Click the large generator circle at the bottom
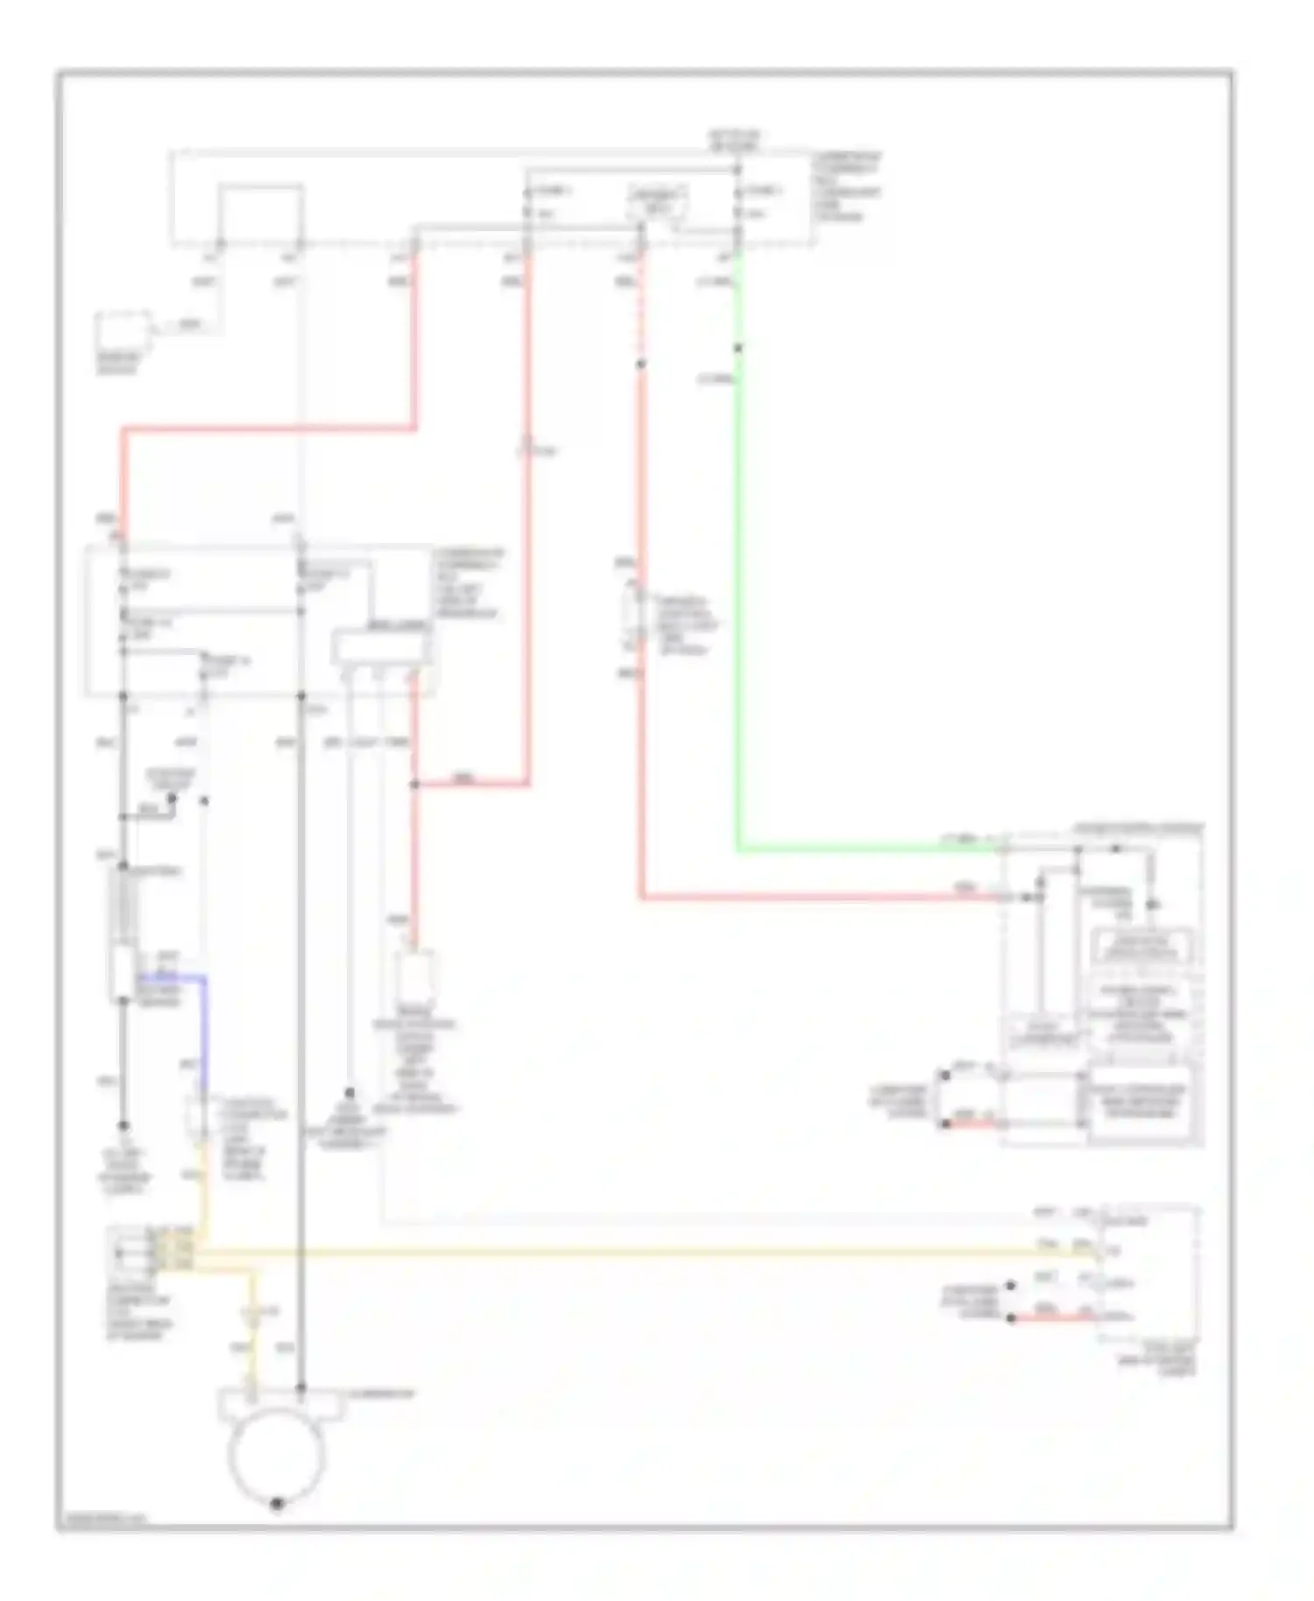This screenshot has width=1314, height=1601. click(x=276, y=1452)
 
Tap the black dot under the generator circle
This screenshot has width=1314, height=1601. click(x=277, y=1504)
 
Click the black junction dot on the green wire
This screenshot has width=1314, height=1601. click(x=738, y=348)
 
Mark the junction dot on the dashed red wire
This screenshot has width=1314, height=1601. click(x=640, y=363)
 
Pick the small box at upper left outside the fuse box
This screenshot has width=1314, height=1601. click(x=123, y=331)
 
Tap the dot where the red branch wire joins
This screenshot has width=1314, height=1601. click(x=414, y=786)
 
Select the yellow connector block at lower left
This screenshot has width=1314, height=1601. click(x=169, y=1250)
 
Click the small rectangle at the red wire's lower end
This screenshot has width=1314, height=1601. click(x=415, y=978)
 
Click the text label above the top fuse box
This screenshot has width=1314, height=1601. click(x=734, y=141)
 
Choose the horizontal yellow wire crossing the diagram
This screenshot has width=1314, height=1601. click(x=613, y=1253)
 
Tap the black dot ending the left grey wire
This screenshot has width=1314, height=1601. click(x=124, y=1125)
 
